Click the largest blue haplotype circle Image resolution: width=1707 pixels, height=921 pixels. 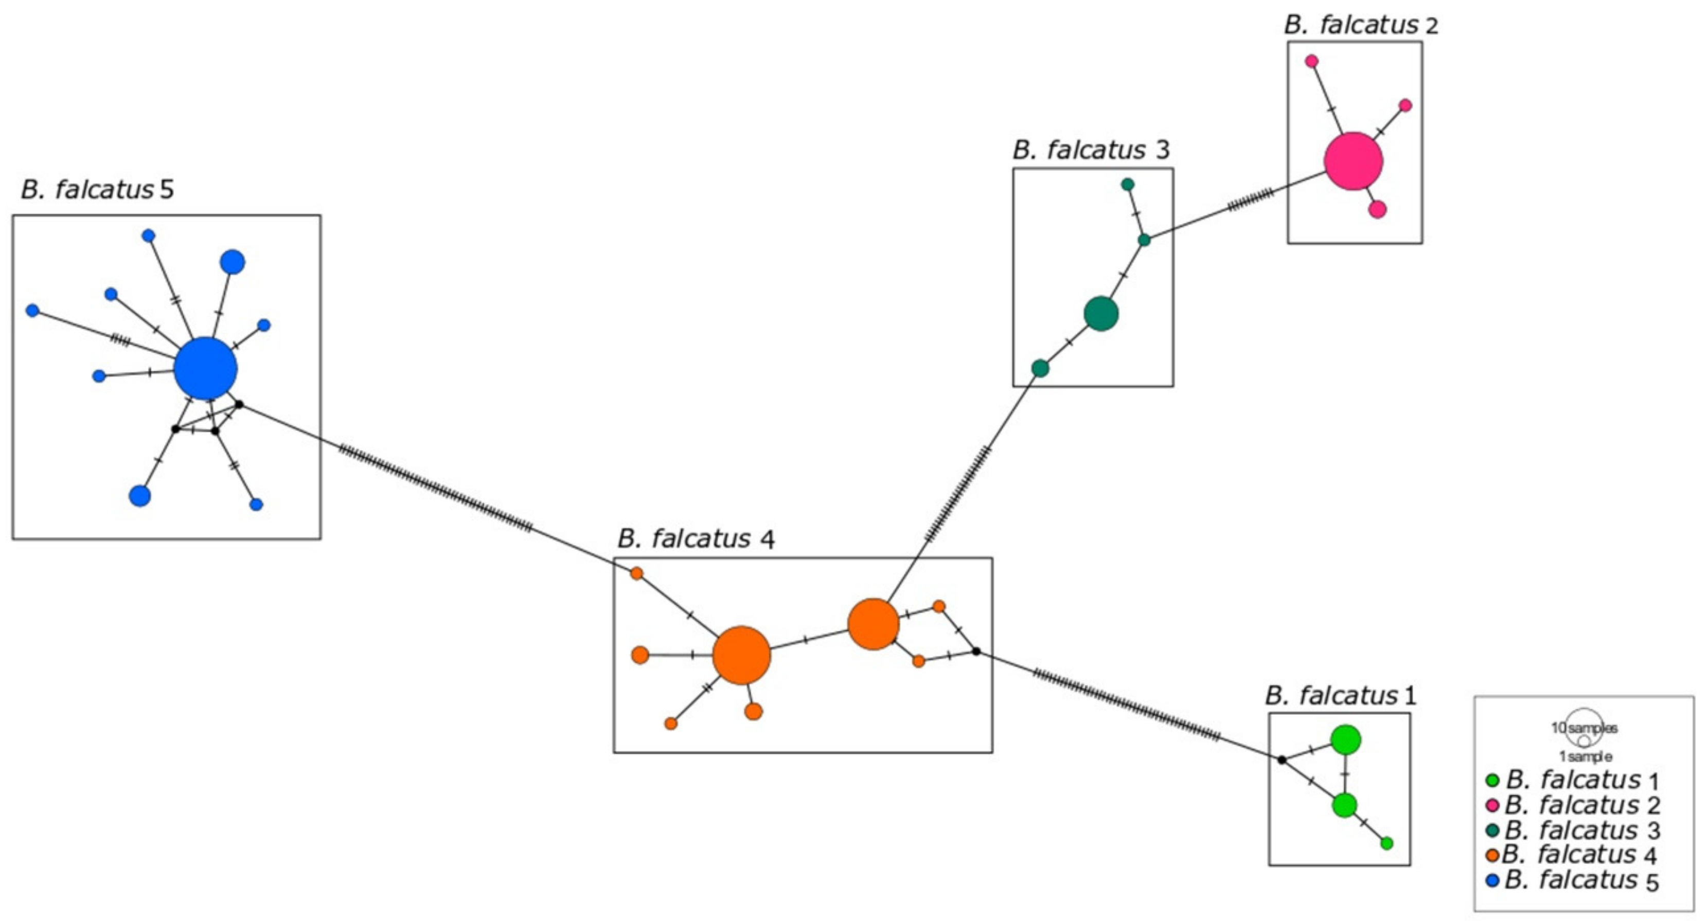[205, 368]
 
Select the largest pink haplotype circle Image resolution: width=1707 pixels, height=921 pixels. [1353, 161]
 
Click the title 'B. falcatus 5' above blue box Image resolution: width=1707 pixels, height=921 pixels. [97, 190]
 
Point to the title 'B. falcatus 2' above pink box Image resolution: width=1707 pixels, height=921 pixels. [1360, 25]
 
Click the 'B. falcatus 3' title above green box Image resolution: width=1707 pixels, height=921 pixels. [1091, 150]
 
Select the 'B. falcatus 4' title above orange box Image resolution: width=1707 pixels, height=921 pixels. [696, 539]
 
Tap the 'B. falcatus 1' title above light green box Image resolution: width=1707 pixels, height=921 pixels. [1341, 696]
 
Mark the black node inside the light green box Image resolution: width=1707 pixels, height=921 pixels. [1282, 760]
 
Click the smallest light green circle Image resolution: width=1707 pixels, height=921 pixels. [1386, 843]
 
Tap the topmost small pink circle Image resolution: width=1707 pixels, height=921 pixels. [1311, 61]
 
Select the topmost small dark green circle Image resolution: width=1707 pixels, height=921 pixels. [1127, 184]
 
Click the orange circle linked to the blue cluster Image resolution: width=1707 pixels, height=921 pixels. [636, 573]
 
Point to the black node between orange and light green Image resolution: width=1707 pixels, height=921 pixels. [976, 652]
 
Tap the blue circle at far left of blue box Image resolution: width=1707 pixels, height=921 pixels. [32, 310]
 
